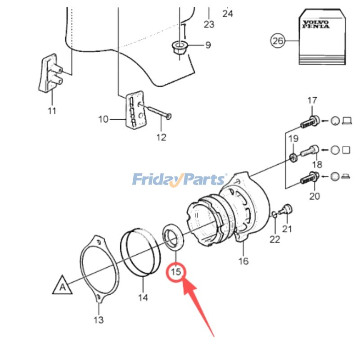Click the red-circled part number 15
point(175,271)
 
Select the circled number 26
point(278,41)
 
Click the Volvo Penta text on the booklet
point(315,24)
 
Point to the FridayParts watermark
point(180,180)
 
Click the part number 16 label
point(243,261)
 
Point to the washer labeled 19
point(293,157)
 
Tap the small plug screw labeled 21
point(286,209)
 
